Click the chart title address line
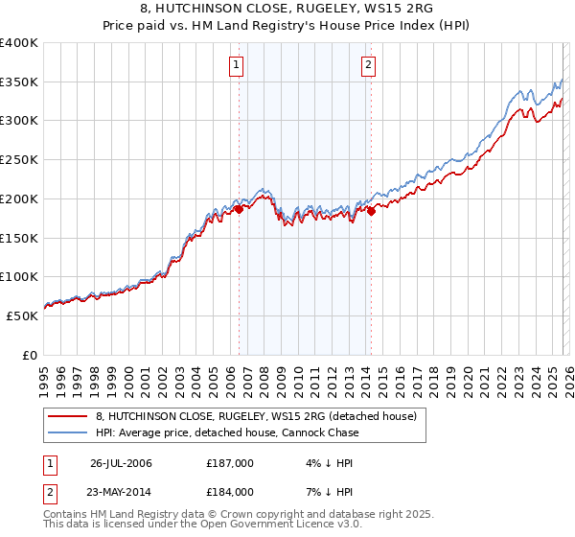(x=287, y=10)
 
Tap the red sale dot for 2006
(x=239, y=208)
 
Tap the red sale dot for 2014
(x=371, y=211)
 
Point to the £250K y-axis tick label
(x=19, y=160)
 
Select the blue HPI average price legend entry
(x=227, y=432)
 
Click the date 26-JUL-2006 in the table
(x=121, y=464)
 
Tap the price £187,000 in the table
(x=229, y=464)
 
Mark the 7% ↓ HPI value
(x=322, y=492)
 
